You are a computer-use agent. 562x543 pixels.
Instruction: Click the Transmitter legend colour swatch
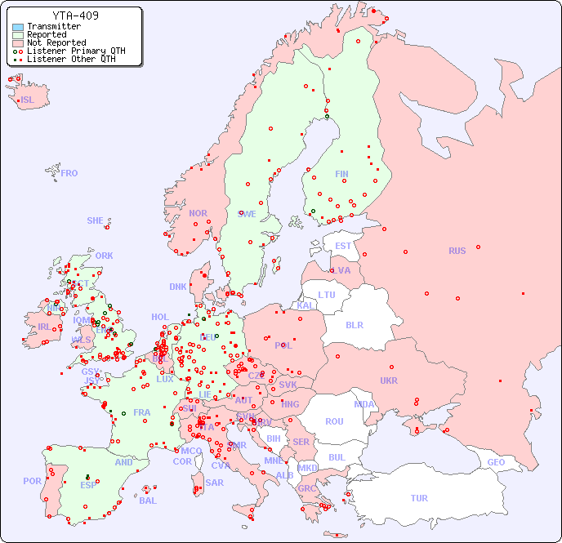pyautogui.click(x=18, y=27)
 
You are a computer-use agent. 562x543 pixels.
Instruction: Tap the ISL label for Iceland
pyautogui.click(x=28, y=100)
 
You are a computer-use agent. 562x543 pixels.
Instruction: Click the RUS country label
pyautogui.click(x=457, y=251)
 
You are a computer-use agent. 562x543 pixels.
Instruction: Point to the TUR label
pyautogui.click(x=419, y=498)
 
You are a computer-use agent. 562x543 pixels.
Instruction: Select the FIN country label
pyautogui.click(x=341, y=174)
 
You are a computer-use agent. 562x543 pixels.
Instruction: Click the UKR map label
pyautogui.click(x=389, y=381)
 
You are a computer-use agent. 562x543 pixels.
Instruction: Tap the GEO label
pyautogui.click(x=496, y=462)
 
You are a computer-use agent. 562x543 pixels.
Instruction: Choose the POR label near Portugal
pyautogui.click(x=32, y=481)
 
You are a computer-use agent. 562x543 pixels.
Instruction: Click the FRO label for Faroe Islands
pyautogui.click(x=69, y=173)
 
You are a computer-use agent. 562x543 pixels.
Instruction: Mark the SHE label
pyautogui.click(x=96, y=220)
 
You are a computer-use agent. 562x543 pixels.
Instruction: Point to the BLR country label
pyautogui.click(x=354, y=324)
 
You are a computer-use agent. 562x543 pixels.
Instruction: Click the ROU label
pyautogui.click(x=334, y=421)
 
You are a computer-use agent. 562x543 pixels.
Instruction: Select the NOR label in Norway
pyautogui.click(x=198, y=213)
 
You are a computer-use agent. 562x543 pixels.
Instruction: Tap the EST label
pyautogui.click(x=343, y=246)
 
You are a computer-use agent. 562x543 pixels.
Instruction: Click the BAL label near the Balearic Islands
pyautogui.click(x=147, y=501)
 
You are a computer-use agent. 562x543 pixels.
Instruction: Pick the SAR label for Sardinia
pyautogui.click(x=214, y=482)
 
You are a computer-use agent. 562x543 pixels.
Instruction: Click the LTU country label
pyautogui.click(x=327, y=295)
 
